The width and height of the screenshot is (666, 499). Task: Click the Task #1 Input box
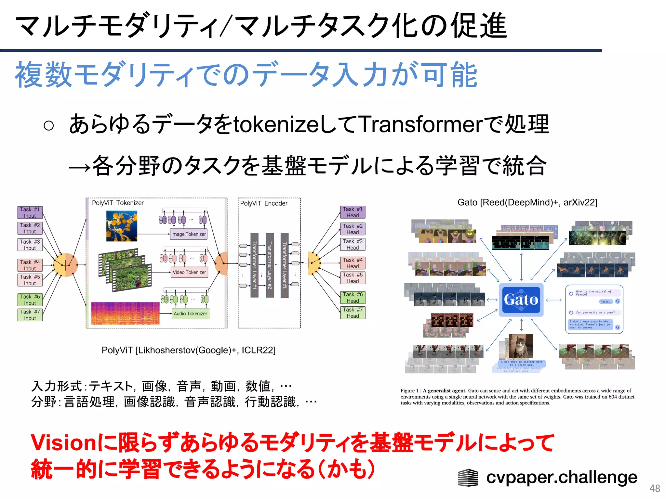30,212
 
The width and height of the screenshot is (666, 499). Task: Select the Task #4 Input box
30,265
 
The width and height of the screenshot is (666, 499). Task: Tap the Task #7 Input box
30,315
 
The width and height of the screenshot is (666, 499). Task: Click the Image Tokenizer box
189,234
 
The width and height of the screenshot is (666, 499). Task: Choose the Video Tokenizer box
189,272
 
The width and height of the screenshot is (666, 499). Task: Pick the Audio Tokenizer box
190,313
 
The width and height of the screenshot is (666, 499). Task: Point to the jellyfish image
122,226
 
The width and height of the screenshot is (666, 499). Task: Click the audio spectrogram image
125,313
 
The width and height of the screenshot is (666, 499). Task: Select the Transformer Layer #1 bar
254,265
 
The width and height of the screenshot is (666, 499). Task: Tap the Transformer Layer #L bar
285,265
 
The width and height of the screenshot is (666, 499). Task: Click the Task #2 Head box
353,229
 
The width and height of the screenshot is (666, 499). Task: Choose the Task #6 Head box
353,298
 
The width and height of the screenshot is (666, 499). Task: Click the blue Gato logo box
521,300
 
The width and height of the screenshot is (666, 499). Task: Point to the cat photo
521,347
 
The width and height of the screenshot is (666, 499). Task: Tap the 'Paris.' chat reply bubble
605,301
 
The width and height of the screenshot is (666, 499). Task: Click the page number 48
655,488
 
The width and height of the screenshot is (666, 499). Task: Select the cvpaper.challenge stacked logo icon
468,478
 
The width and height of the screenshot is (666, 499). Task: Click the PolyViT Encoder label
264,203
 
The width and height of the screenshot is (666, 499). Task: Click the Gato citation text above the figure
527,202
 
